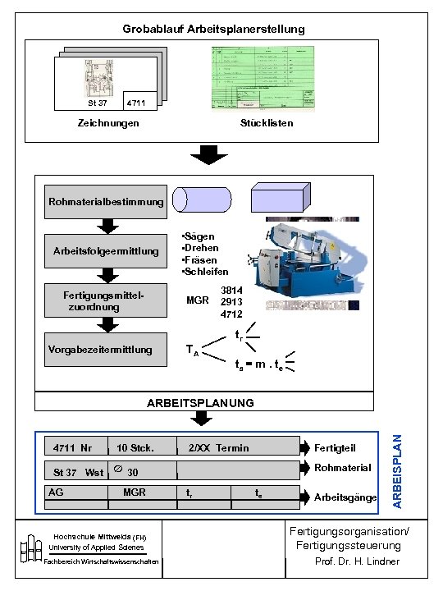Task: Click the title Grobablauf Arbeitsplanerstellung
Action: pyautogui.click(x=213, y=29)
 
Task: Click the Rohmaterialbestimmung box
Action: pyautogui.click(x=106, y=202)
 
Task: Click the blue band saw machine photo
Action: pyautogui.click(x=307, y=263)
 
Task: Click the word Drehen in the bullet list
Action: pyautogui.click(x=201, y=248)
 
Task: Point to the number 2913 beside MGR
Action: pyautogui.click(x=231, y=301)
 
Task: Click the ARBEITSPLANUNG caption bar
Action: pyautogui.click(x=200, y=402)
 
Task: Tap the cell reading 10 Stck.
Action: pyautogui.click(x=141, y=447)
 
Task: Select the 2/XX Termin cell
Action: pyautogui.click(x=238, y=447)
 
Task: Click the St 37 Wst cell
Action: pyautogui.click(x=75, y=472)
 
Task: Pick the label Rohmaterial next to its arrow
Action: pyautogui.click(x=343, y=468)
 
